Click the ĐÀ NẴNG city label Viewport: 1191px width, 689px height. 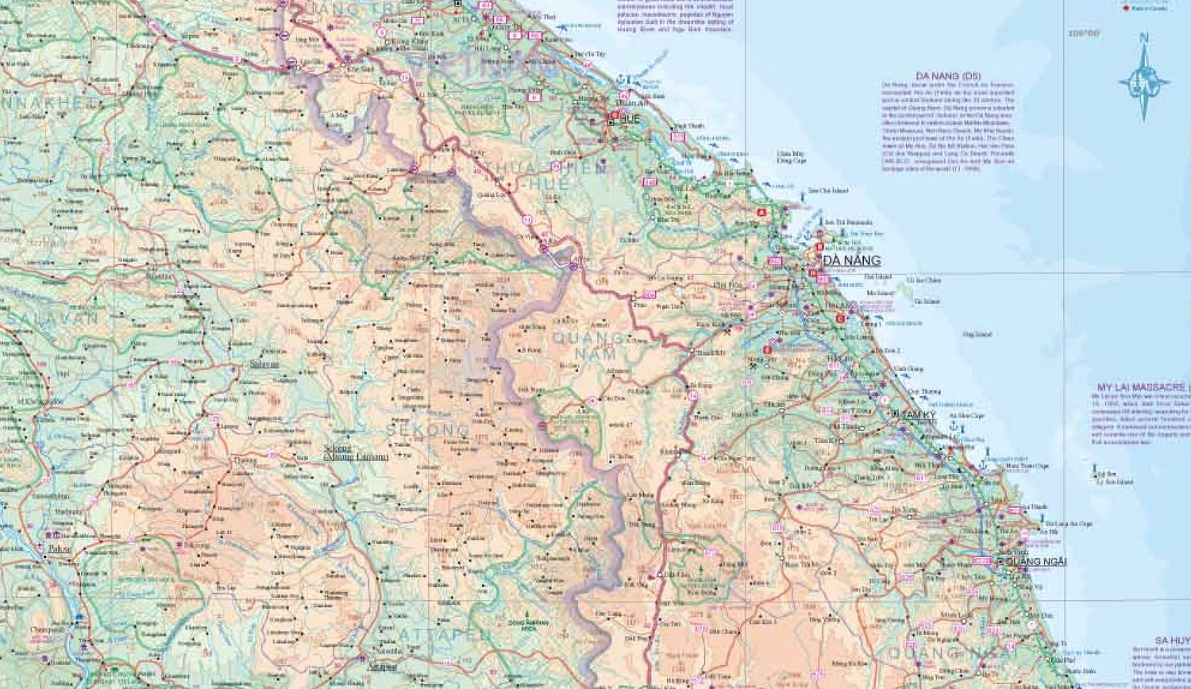coord(851,260)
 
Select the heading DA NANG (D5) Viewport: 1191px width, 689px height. coord(948,76)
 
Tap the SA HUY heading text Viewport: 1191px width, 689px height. coord(1172,640)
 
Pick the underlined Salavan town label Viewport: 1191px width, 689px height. coord(264,364)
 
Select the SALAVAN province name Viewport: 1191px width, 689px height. coord(52,317)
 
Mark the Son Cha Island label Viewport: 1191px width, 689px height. coord(828,191)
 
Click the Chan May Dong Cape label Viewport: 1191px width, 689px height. coord(791,156)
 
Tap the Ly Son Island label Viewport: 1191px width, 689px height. coord(1114,482)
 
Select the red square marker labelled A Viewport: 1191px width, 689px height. coord(762,213)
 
